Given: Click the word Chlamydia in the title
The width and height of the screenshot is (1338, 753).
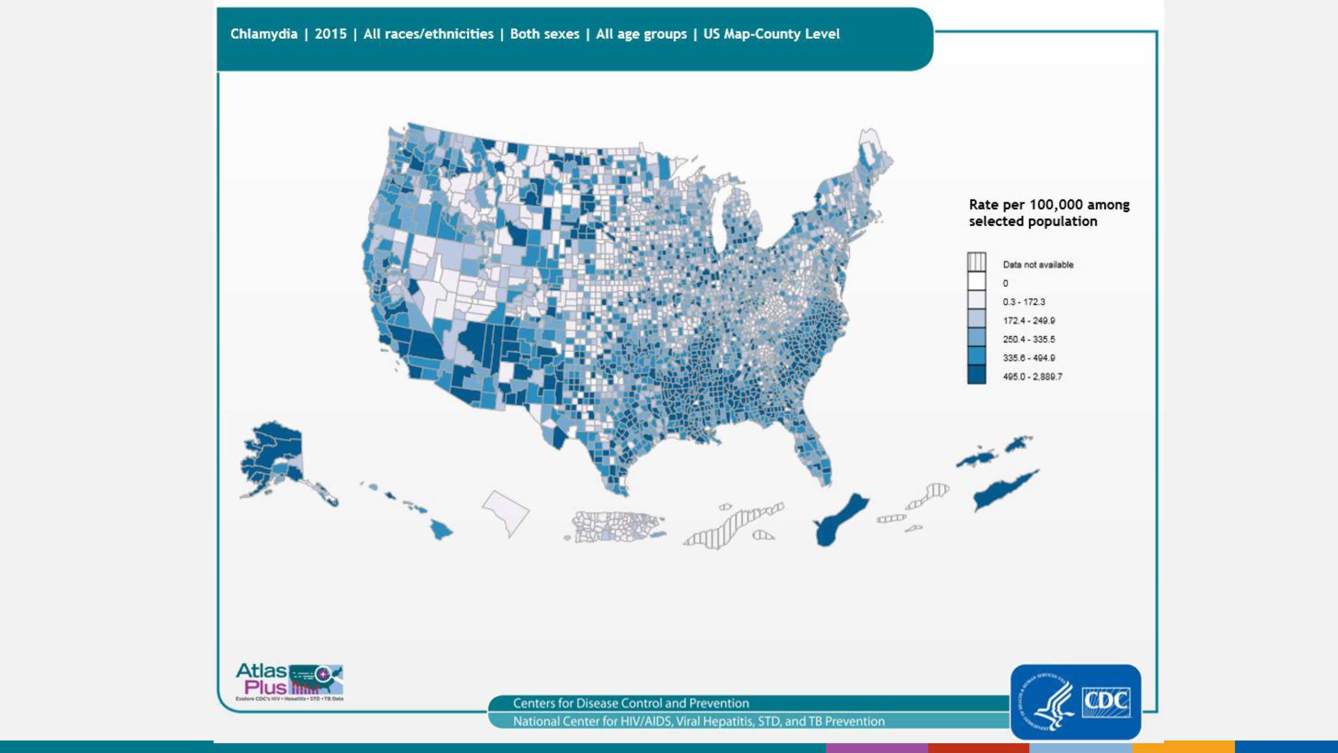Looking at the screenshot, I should coord(264,34).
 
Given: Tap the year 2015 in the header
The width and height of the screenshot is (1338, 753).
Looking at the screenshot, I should coord(330,34).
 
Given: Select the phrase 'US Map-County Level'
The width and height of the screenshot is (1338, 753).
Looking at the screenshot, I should coord(771,34).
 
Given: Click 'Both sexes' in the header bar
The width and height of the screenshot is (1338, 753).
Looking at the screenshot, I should coord(544,34).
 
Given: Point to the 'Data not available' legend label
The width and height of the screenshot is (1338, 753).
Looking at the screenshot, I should coord(1038,265).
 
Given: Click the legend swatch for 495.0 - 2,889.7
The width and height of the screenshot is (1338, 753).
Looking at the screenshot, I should coord(976,375).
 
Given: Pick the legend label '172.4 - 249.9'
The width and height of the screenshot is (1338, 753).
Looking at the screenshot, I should coord(1028,321).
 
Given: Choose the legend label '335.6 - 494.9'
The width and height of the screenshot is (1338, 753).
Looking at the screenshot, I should coord(1028,358).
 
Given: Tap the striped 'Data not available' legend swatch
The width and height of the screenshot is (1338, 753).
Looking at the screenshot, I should coord(976,262).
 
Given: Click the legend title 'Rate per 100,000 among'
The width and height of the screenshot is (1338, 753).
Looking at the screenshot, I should coord(1049,205).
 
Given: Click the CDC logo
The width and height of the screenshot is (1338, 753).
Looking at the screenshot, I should coord(1075,702).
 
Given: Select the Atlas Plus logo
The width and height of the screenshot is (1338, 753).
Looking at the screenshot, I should coord(289,681).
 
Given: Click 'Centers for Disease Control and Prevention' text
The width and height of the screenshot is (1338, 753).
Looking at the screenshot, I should coord(631,703).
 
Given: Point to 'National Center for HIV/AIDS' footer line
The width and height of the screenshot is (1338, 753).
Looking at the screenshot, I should coord(698,721).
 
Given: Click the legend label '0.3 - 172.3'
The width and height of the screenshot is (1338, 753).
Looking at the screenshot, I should coord(1024,302).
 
